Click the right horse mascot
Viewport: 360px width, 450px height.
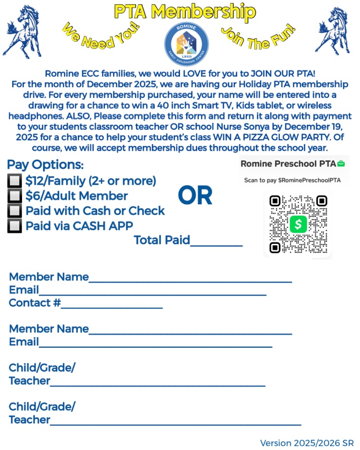tap(337, 32)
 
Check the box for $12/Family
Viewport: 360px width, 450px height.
tap(15, 181)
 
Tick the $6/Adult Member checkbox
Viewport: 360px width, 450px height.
tap(15, 196)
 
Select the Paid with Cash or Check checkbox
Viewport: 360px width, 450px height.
tap(15, 211)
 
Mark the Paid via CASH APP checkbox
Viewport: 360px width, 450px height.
tap(15, 225)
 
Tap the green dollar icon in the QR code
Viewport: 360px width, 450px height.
tap(298, 224)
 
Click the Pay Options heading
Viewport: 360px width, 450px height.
tap(46, 165)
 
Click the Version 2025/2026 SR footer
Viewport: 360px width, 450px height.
tap(307, 442)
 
